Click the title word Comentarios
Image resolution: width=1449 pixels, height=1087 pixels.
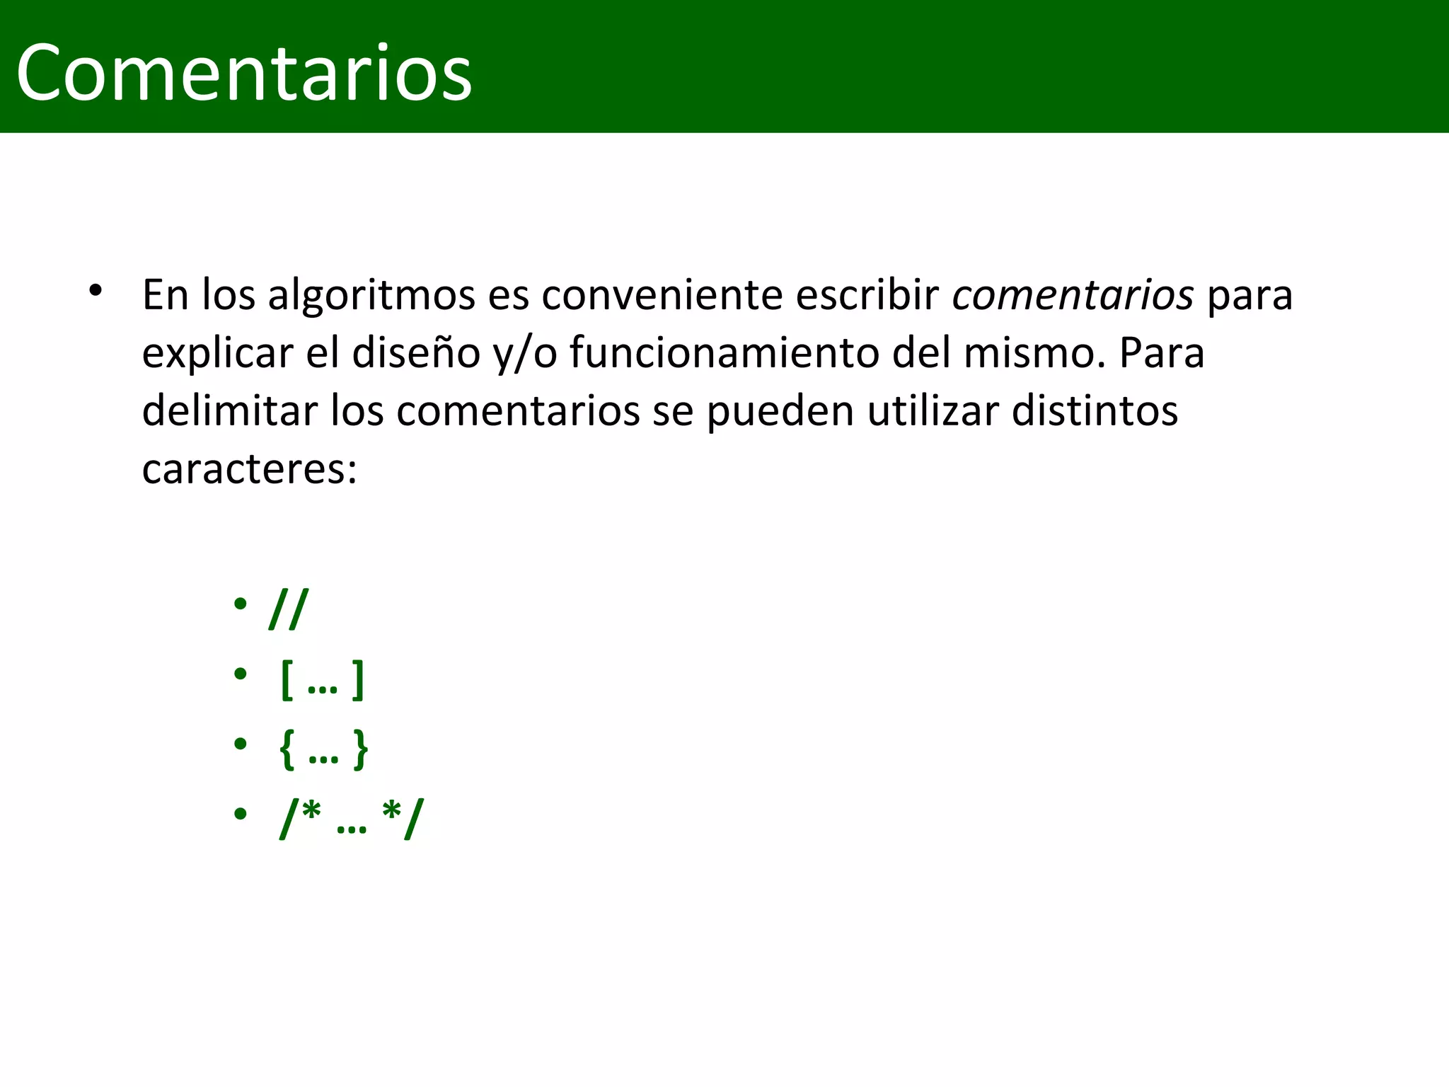pos(243,73)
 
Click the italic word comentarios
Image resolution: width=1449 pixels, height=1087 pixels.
pos(1073,295)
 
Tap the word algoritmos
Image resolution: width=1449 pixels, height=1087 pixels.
pos(371,295)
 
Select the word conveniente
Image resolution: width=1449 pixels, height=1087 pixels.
pos(662,295)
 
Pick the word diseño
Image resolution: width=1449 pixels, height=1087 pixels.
pos(416,353)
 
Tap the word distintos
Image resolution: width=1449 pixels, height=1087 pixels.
pos(1095,411)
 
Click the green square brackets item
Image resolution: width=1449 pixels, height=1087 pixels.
pos(323,679)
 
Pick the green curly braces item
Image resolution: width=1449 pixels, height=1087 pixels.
pos(324,749)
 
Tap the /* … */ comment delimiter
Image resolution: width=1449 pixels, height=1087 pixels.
pos(352,819)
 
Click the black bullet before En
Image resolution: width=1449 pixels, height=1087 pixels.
pos(96,291)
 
